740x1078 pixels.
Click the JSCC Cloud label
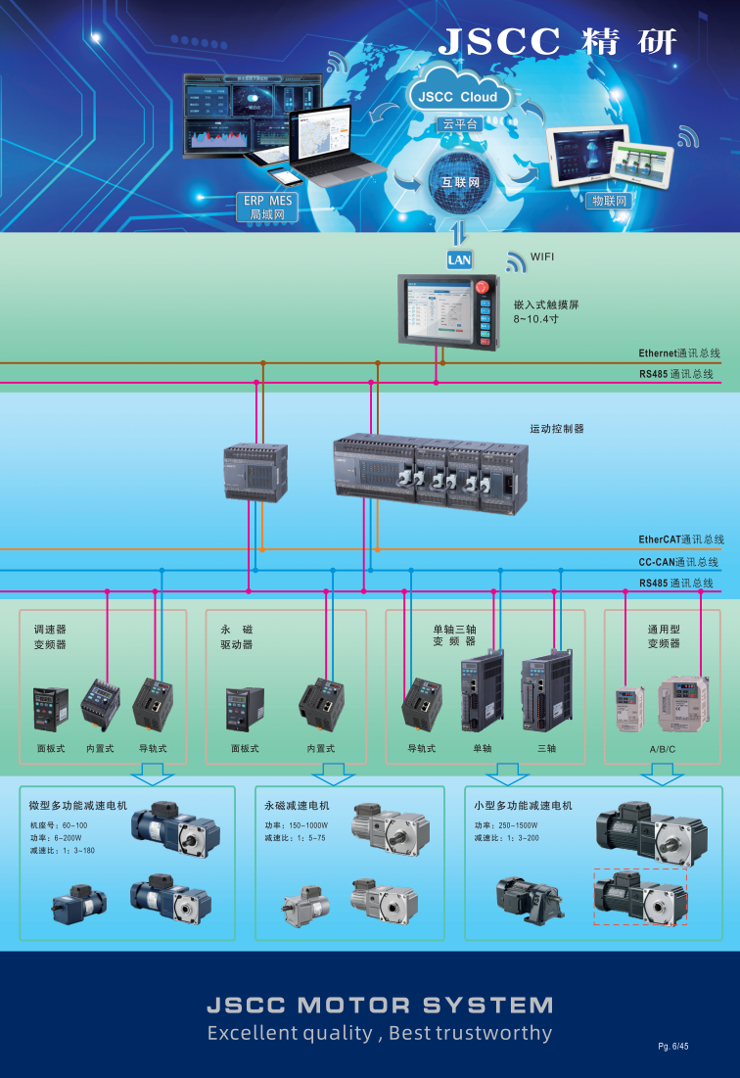[x=458, y=97]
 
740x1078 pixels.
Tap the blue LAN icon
[x=459, y=259]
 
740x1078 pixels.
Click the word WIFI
[x=542, y=257]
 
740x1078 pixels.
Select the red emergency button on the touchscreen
[x=482, y=287]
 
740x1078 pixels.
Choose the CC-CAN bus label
[x=678, y=562]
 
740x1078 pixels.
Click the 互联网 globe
[x=459, y=182]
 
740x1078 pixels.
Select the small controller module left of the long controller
[x=255, y=472]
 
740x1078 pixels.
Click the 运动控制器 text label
[x=557, y=429]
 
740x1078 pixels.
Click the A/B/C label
[x=663, y=748]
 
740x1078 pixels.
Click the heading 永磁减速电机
[x=297, y=806]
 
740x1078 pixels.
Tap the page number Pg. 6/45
[x=673, y=1047]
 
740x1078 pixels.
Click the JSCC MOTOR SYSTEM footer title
[x=380, y=1006]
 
